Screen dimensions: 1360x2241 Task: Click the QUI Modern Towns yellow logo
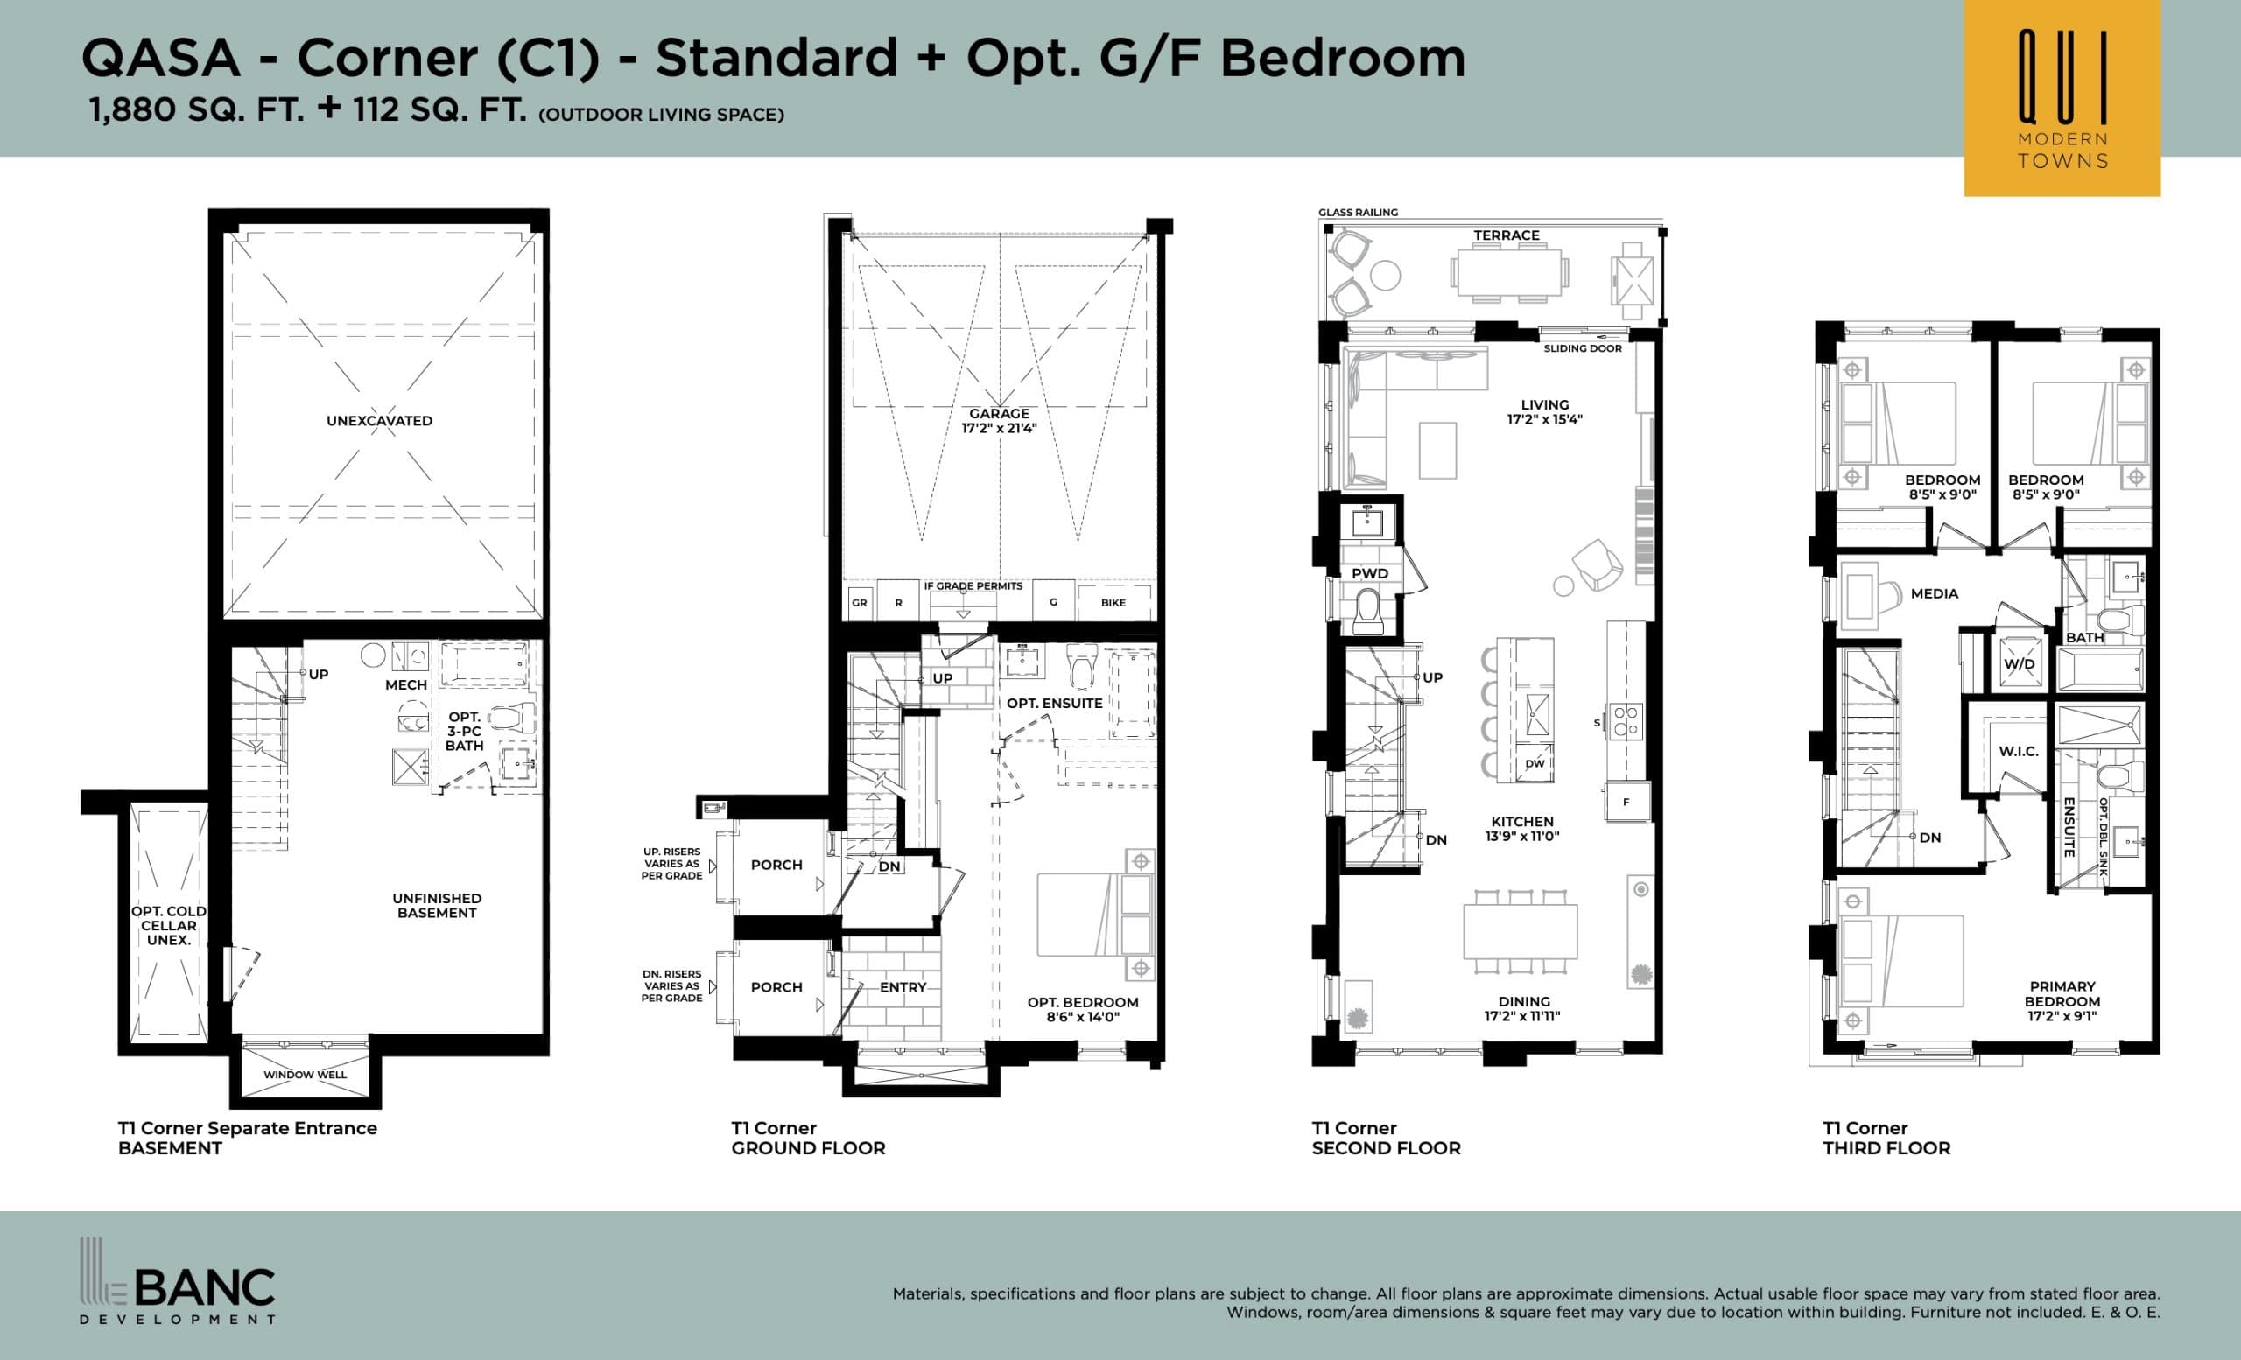[x=2061, y=98]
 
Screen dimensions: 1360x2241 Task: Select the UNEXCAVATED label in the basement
[x=379, y=421]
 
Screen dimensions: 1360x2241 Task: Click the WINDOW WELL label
[x=305, y=1075]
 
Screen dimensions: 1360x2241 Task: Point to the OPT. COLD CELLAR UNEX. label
[x=168, y=925]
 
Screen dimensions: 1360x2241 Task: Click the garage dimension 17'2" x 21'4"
[x=999, y=428]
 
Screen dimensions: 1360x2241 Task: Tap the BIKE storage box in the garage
[x=1113, y=603]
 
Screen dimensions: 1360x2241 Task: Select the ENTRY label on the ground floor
[x=903, y=987]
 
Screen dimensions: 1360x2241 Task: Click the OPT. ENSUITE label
[x=1054, y=704]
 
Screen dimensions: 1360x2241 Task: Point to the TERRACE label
[x=1507, y=235]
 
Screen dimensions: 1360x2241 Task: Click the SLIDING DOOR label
[x=1583, y=348]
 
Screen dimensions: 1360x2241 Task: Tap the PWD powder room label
[x=1370, y=573]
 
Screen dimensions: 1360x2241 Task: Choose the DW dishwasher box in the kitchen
[x=1535, y=764]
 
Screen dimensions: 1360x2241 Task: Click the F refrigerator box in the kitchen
[x=1626, y=802]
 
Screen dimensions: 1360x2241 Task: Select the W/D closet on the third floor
[x=2019, y=664]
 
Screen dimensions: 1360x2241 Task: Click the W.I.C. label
[x=2018, y=752]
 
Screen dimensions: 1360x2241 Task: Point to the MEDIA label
[x=1935, y=593]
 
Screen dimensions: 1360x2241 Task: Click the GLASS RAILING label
[x=1358, y=213]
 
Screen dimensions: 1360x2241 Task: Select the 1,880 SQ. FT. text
[x=195, y=110]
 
